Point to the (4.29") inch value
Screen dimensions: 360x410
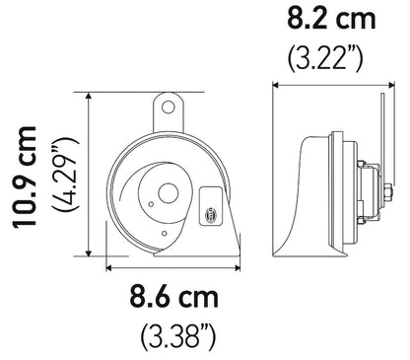[x=66, y=177]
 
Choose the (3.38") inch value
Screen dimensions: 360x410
[x=175, y=332]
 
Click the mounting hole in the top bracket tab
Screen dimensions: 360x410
[x=170, y=103]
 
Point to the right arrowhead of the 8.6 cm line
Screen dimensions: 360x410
[x=238, y=264]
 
